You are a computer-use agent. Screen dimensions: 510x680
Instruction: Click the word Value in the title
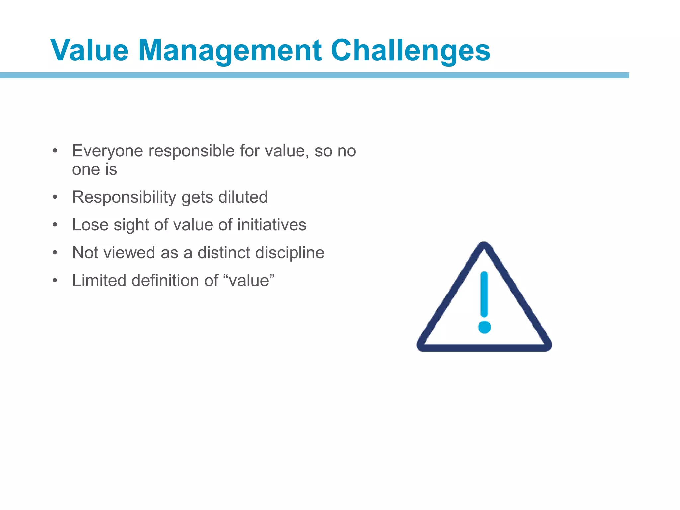(x=89, y=50)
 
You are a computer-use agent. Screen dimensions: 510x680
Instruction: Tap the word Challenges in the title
(x=410, y=50)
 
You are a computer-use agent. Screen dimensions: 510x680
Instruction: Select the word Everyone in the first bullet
(x=108, y=151)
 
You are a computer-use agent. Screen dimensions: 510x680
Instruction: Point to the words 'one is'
(x=94, y=170)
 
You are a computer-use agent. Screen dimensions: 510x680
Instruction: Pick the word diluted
(x=243, y=197)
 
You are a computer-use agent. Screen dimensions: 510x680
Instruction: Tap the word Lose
(x=90, y=225)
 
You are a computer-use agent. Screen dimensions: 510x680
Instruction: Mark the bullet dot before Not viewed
(x=55, y=253)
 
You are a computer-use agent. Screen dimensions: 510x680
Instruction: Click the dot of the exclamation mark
(x=484, y=327)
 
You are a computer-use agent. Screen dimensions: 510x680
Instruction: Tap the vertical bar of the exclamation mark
(x=484, y=294)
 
